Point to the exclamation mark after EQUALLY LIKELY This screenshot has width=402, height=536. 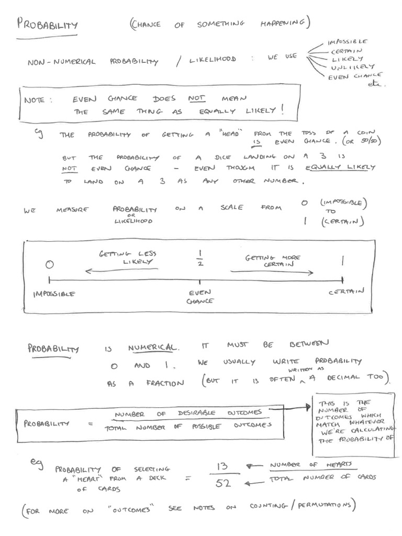(283, 109)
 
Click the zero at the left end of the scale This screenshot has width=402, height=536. (49, 265)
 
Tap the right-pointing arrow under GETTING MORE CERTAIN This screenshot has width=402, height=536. (272, 272)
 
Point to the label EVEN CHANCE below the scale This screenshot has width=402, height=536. (199, 297)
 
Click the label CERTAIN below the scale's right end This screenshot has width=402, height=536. (347, 292)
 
